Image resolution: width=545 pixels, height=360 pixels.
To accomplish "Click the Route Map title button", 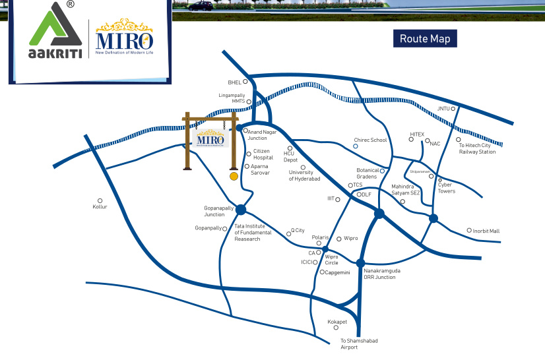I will (x=425, y=39).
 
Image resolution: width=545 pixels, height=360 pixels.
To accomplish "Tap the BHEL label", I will (x=234, y=82).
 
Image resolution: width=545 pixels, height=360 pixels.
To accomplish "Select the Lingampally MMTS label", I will (x=232, y=98).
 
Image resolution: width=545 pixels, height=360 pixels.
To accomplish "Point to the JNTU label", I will (x=443, y=109).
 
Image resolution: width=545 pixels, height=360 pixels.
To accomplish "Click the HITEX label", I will (x=417, y=135).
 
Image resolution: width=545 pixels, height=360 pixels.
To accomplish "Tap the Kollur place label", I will (x=100, y=207).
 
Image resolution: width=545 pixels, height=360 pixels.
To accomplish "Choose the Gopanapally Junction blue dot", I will (x=241, y=210).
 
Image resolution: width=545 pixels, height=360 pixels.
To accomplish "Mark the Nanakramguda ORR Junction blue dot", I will (x=360, y=262).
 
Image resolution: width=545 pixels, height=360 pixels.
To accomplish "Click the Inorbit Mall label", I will (x=486, y=231).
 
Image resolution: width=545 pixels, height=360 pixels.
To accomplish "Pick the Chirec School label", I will (x=370, y=140).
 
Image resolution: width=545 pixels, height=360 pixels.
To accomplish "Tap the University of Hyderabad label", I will (x=304, y=176).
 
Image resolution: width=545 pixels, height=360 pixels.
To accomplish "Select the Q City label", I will (x=298, y=231).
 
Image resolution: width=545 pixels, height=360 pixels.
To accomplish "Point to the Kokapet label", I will (x=337, y=322).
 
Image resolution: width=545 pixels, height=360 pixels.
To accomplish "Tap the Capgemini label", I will (x=337, y=272).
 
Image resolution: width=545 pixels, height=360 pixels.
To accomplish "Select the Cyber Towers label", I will (x=447, y=188).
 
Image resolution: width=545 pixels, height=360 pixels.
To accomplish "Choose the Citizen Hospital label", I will (x=263, y=155).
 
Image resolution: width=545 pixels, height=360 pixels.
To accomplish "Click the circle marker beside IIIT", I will (x=338, y=199).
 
